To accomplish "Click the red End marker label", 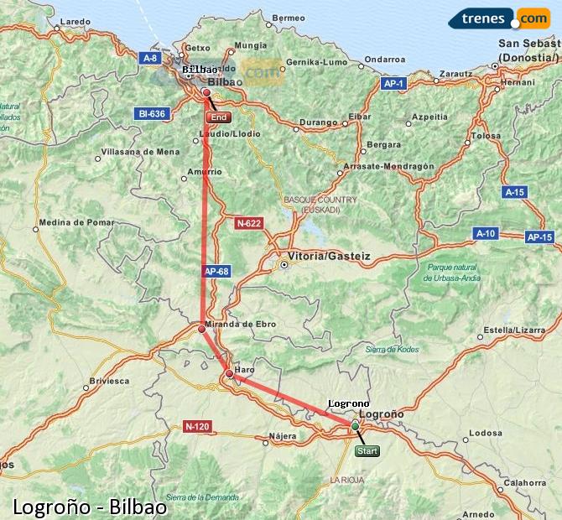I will tap(218, 117).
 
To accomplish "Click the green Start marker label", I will tap(367, 450).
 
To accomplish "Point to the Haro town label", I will tap(245, 369).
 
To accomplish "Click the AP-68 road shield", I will tap(216, 272).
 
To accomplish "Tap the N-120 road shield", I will tap(197, 426).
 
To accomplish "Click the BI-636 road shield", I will tap(151, 113).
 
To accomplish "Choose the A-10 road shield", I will tap(487, 233).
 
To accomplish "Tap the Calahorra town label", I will tap(526, 482).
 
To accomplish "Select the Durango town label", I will tap(317, 122).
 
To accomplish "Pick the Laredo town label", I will tap(75, 21).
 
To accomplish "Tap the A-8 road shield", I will tap(150, 58).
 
